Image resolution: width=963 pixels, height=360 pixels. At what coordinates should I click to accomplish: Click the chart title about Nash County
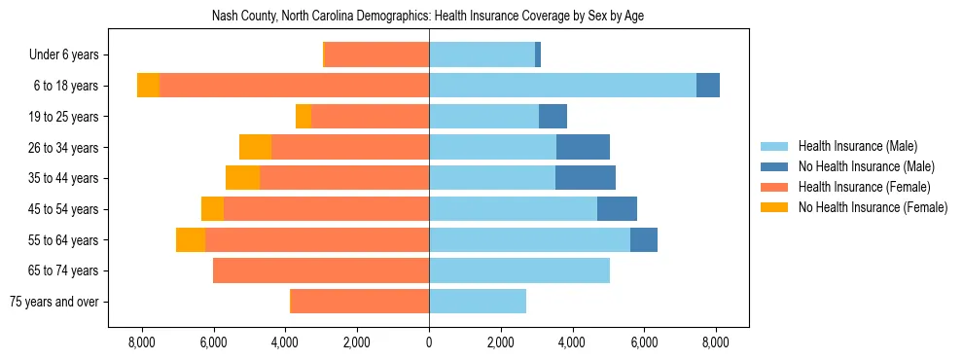pyautogui.click(x=428, y=17)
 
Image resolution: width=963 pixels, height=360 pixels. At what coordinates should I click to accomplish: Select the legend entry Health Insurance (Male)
pyautogui.click(x=856, y=146)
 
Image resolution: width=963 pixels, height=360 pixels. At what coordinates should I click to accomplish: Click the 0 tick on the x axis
pyautogui.click(x=429, y=342)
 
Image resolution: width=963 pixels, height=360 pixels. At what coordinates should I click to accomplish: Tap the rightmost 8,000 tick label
pyautogui.click(x=716, y=342)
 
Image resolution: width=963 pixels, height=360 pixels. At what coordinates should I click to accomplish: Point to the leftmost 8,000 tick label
pyautogui.click(x=142, y=342)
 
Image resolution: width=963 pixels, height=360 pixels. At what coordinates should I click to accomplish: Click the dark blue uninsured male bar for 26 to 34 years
pyautogui.click(x=583, y=147)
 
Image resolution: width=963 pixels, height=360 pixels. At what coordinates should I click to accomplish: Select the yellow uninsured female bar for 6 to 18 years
pyautogui.click(x=148, y=86)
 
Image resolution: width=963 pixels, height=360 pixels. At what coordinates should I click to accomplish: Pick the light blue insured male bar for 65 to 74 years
pyautogui.click(x=519, y=270)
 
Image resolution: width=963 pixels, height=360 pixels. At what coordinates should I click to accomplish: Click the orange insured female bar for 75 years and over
pyautogui.click(x=360, y=302)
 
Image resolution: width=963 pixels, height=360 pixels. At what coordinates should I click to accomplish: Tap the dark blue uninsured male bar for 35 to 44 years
pyautogui.click(x=585, y=178)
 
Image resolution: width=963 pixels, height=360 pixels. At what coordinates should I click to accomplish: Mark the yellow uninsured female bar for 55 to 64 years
pyautogui.click(x=191, y=239)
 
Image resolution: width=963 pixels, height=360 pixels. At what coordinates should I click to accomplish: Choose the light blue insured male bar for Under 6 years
pyautogui.click(x=481, y=54)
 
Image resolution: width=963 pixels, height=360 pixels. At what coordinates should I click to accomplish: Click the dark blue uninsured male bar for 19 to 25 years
pyautogui.click(x=553, y=117)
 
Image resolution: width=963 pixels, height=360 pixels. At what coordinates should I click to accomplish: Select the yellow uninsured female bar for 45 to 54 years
pyautogui.click(x=212, y=209)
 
